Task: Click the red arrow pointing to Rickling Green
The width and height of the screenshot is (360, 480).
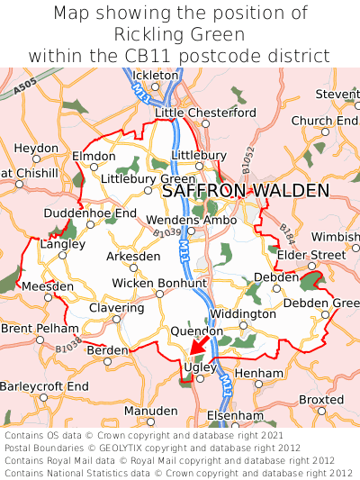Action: pyautogui.click(x=198, y=346)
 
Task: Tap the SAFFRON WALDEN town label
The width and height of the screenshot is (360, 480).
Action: pyautogui.click(x=246, y=191)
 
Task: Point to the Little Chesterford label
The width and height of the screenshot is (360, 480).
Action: pyautogui.click(x=205, y=113)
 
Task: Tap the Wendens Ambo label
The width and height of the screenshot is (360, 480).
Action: pyautogui.click(x=191, y=220)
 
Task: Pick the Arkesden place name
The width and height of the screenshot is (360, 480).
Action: pyautogui.click(x=134, y=256)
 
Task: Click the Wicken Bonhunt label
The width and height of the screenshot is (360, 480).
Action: pyautogui.click(x=158, y=283)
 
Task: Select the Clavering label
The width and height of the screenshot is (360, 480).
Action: pyautogui.click(x=116, y=307)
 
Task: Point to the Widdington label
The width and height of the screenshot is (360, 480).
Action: pyautogui.click(x=242, y=314)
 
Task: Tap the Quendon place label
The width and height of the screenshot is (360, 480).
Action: pyautogui.click(x=190, y=331)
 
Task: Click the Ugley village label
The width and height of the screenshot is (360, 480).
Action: pyautogui.click(x=195, y=367)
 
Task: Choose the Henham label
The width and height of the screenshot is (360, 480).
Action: pyautogui.click(x=258, y=372)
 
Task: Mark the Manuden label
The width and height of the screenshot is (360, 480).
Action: pyautogui.click(x=150, y=410)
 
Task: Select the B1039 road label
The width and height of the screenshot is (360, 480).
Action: pyautogui.click(x=166, y=233)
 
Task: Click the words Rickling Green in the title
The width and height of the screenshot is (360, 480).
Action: pyautogui.click(x=180, y=34)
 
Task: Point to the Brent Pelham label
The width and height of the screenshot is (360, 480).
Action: pyautogui.click(x=33, y=328)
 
